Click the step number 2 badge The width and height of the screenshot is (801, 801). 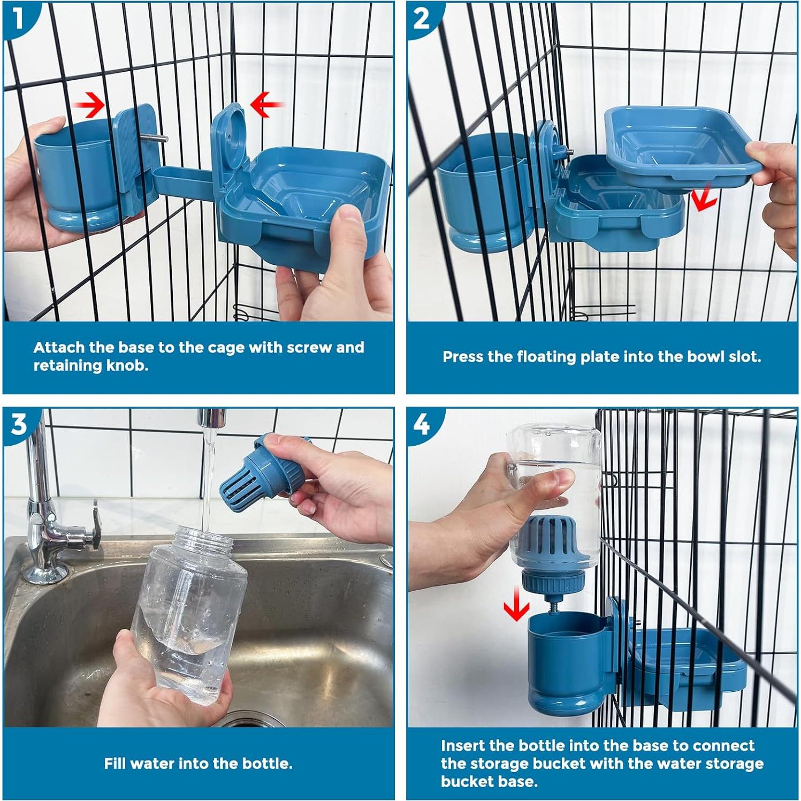[x=422, y=19]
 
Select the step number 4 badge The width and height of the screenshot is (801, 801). [x=422, y=424]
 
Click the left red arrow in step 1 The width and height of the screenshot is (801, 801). [x=89, y=104]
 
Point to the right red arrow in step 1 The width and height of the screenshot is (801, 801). [x=266, y=104]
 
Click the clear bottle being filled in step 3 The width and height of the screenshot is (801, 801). [x=187, y=615]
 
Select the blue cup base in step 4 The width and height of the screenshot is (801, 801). [x=567, y=663]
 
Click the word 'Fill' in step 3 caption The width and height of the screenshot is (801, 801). [x=115, y=764]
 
